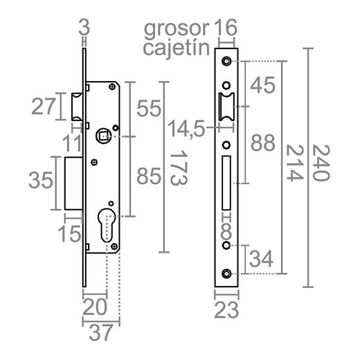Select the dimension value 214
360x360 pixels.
(294, 163)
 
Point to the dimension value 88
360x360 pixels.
(262, 143)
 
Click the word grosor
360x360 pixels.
(176, 28)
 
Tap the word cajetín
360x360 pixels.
(176, 48)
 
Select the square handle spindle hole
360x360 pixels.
(103, 136)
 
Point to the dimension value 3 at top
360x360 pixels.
(84, 28)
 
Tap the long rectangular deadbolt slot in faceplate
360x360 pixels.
(226, 184)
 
